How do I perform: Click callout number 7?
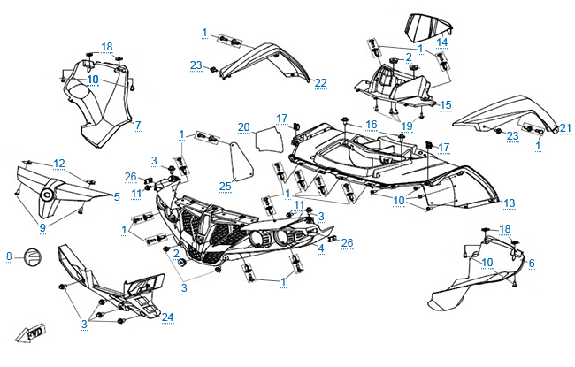pyautogui.click(x=138, y=126)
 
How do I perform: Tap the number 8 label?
pyautogui.click(x=9, y=256)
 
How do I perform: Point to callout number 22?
pyautogui.click(x=320, y=83)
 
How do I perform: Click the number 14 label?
pyautogui.click(x=442, y=42)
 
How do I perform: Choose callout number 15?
pyautogui.click(x=446, y=104)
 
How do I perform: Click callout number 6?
pyautogui.click(x=532, y=263)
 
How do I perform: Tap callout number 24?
pyautogui.click(x=167, y=317)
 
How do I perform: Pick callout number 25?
pyautogui.click(x=226, y=186)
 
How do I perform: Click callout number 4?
pyautogui.click(x=320, y=249)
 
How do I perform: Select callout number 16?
pyautogui.click(x=372, y=124)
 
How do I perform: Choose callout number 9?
pyautogui.click(x=42, y=226)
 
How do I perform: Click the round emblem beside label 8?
pyautogui.click(x=31, y=256)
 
